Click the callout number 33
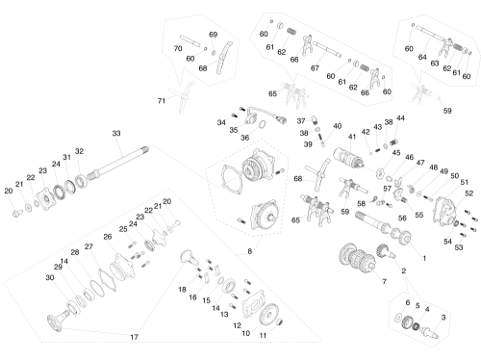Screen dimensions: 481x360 tap(116, 133)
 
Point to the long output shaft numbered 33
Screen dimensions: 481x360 tap(118, 163)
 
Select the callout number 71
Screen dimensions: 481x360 tap(161, 101)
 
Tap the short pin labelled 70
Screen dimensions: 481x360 tap(190, 40)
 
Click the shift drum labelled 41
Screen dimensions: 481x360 tap(348, 158)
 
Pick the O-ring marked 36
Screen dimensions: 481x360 tap(262, 124)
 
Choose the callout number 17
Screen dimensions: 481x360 tap(134, 337)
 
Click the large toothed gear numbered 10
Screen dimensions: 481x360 tap(268, 315)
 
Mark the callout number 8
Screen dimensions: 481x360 tap(250, 251)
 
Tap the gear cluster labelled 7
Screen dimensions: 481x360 tap(357, 258)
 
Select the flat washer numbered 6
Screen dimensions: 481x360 tap(398, 318)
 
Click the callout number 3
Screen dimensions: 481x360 tap(443, 318)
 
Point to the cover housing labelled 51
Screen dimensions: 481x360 tap(445, 209)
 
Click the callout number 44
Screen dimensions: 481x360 tap(400, 118)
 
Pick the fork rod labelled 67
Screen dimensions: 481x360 tap(327, 49)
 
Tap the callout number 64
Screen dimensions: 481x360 tap(422, 57)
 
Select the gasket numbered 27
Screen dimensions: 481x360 tap(108, 280)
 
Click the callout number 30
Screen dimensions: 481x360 tap(50, 277)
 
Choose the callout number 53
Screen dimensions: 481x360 tap(459, 247)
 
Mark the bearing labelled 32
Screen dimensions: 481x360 tap(82, 181)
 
